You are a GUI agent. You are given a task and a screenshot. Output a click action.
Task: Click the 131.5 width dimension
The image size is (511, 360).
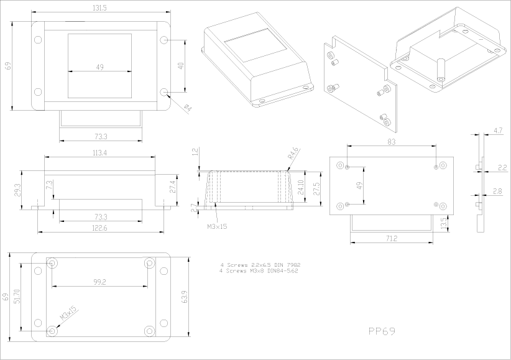coord(99,7)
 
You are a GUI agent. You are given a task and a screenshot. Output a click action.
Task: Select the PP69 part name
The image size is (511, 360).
coord(382,331)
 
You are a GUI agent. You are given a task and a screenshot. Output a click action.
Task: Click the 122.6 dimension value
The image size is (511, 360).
coord(99,228)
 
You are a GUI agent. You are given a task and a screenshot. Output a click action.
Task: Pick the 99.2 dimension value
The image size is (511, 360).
coord(99,282)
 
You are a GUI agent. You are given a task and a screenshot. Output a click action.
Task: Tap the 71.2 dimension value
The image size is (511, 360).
coord(392,238)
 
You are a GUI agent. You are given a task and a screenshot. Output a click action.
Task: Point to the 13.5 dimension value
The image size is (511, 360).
coord(443,222)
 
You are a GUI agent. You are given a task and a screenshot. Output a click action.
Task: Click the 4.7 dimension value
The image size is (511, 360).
coord(498,131)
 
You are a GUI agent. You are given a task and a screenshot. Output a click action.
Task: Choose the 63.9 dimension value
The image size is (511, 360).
coord(184,297)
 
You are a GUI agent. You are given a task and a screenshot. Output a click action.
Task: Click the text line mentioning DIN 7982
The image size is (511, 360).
coord(260,265)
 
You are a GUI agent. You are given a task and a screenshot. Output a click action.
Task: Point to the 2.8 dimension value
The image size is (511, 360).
coord(498,190)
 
